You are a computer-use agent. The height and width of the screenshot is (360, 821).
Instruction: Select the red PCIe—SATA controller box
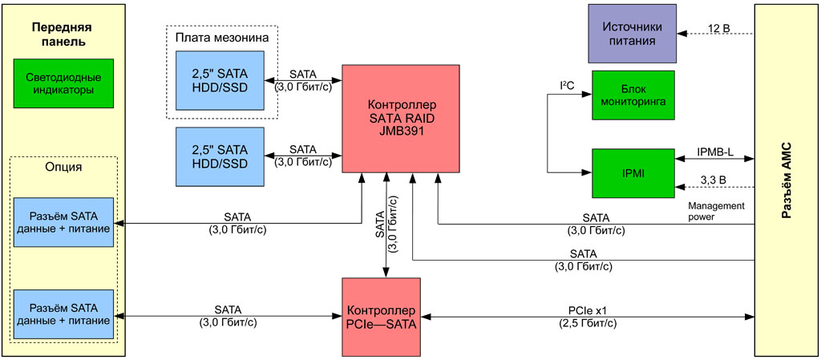pyautogui.click(x=382, y=316)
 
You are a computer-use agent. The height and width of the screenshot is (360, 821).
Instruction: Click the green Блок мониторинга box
pyautogui.click(x=633, y=95)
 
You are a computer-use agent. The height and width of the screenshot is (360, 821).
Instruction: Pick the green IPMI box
pyautogui.click(x=633, y=172)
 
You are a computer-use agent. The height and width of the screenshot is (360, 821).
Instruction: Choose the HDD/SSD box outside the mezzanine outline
pyautogui.click(x=220, y=156)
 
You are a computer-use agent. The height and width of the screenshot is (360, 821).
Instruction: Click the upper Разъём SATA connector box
pyautogui.click(x=63, y=222)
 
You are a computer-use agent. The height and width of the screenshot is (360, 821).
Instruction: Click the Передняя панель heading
pyautogui.click(x=59, y=34)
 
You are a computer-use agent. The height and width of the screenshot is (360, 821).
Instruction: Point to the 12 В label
pyautogui.click(x=719, y=28)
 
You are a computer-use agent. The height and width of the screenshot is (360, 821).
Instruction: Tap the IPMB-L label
pyautogui.click(x=715, y=151)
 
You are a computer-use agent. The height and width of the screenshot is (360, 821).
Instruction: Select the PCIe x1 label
pyautogui.click(x=588, y=309)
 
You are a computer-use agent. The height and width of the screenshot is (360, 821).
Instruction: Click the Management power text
pyautogui.click(x=716, y=210)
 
